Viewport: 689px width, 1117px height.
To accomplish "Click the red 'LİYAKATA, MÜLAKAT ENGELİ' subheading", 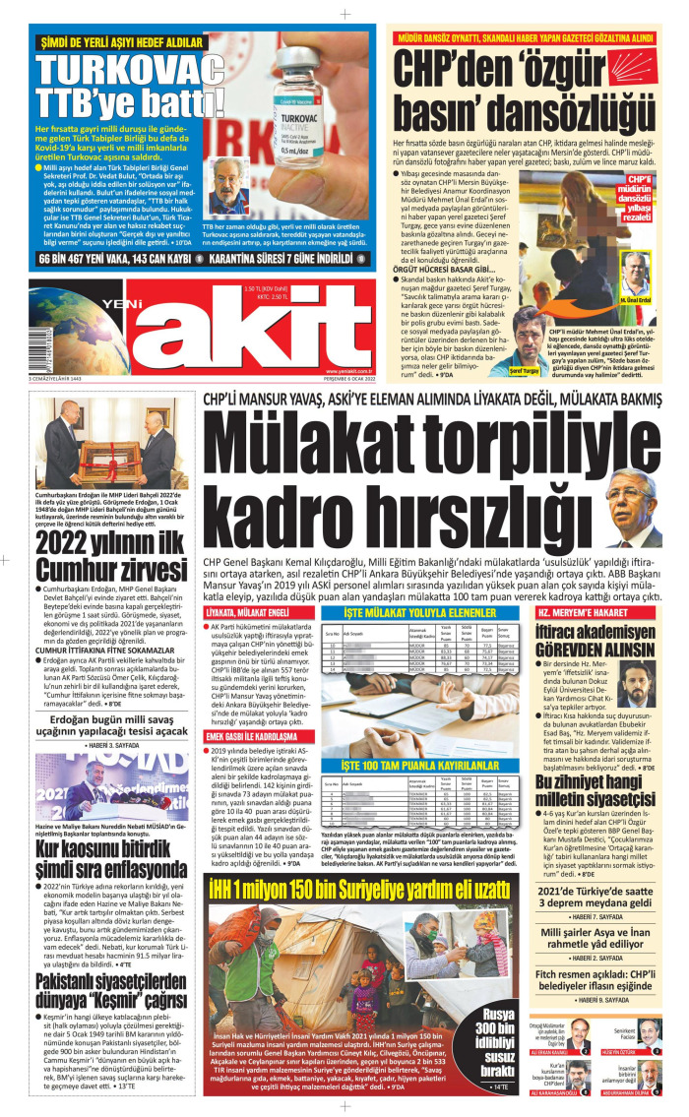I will pyautogui.click(x=246, y=611).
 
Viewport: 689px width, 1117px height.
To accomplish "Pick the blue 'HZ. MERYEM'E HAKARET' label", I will pyautogui.click(x=581, y=611).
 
